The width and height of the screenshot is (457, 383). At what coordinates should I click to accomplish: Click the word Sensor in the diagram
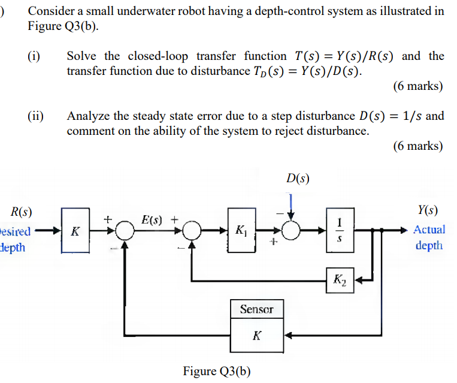click(x=256, y=309)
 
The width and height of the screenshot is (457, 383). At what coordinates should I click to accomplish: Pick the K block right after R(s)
click(x=75, y=231)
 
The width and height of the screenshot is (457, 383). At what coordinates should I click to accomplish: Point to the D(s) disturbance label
click(x=298, y=178)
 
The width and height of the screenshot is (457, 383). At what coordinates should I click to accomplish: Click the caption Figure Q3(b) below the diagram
click(x=217, y=371)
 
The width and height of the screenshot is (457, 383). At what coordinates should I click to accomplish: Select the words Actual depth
click(x=429, y=237)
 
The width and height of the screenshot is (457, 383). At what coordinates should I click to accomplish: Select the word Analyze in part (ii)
click(x=88, y=116)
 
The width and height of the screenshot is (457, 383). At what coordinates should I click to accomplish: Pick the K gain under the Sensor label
click(x=256, y=336)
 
